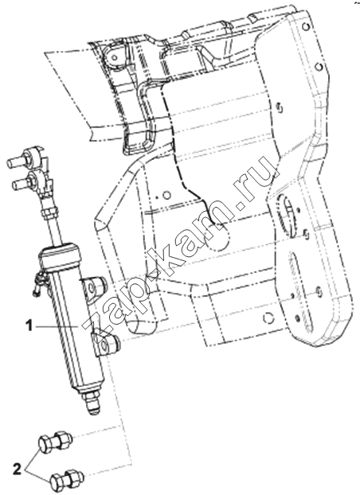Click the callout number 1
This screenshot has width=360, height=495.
[x=29, y=325]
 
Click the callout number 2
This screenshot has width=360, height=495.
[x=17, y=470]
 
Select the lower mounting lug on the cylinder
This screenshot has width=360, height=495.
[x=106, y=344]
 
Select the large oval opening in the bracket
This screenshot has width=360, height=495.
[x=287, y=215]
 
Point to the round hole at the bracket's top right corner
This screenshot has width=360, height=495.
[x=305, y=27]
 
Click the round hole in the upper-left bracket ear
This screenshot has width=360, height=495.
[x=115, y=57]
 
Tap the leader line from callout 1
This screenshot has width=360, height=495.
[x=57, y=327]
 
